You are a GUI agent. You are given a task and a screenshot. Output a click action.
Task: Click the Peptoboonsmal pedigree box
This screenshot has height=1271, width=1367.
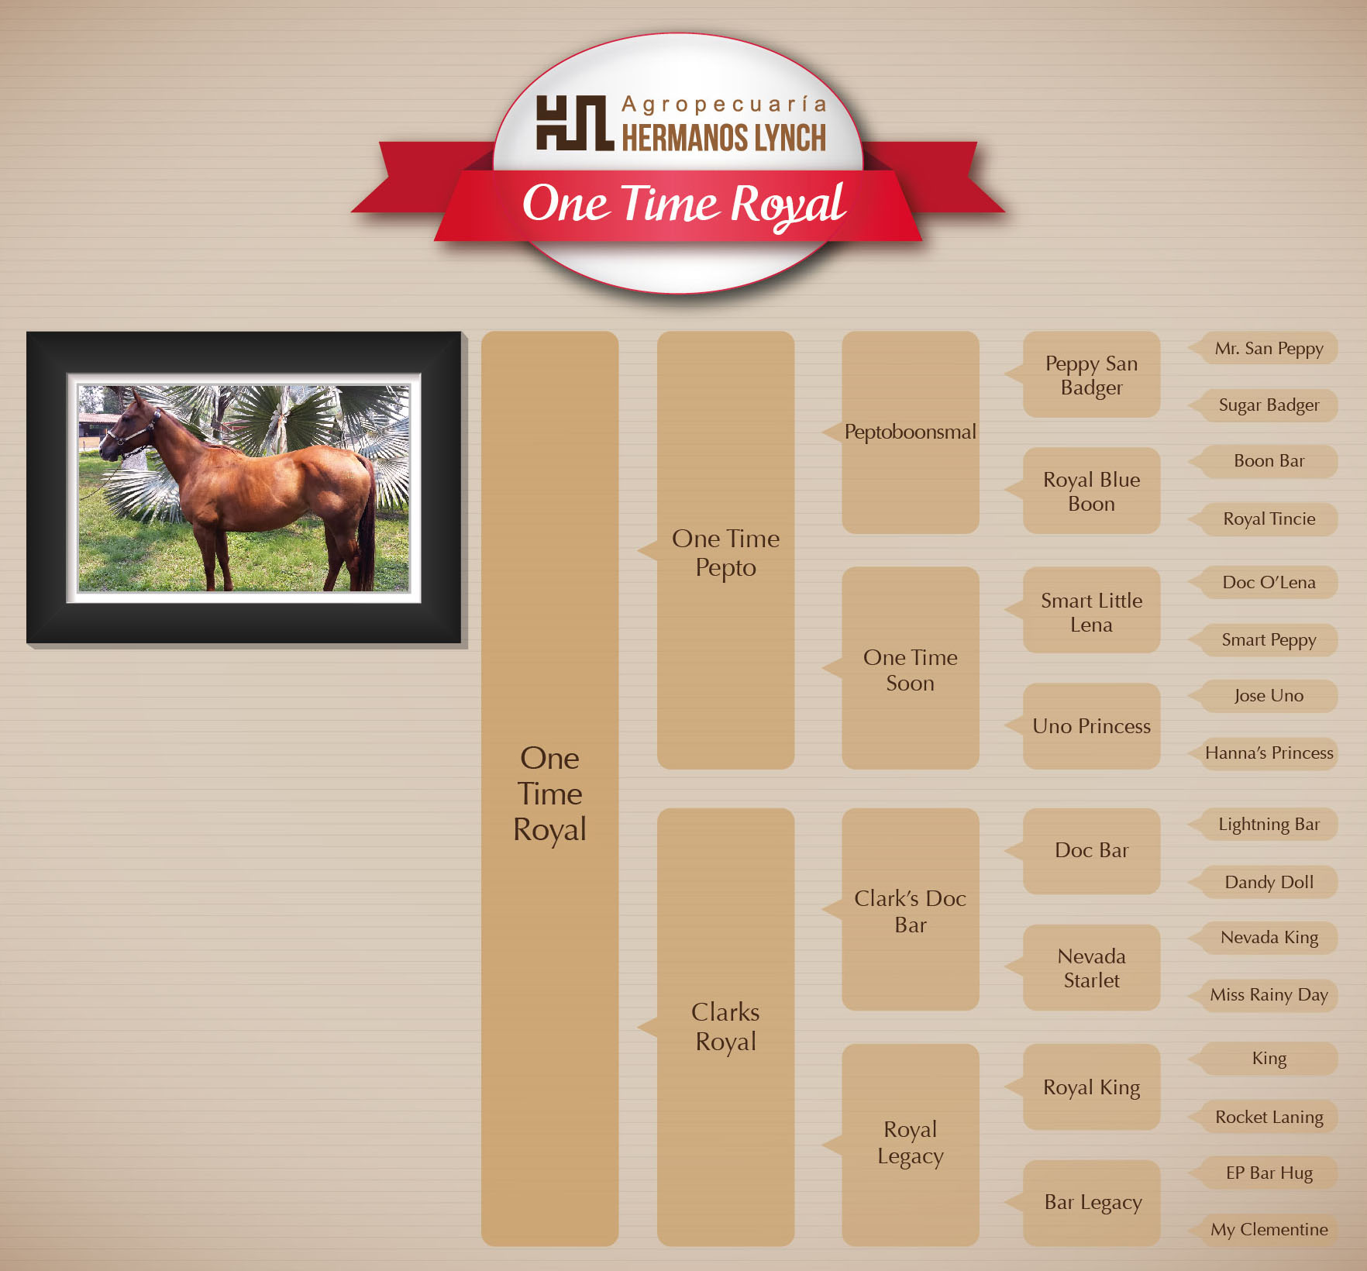coord(910,432)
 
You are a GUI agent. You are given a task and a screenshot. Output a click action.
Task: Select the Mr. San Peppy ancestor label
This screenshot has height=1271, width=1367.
coord(1269,349)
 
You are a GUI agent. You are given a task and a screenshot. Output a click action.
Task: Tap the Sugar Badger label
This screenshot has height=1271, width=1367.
coord(1269,405)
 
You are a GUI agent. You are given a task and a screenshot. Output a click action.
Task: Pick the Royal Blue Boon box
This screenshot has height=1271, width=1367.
coord(1091,491)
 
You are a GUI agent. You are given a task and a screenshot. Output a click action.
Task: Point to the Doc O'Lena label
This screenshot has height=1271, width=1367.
coord(1269,583)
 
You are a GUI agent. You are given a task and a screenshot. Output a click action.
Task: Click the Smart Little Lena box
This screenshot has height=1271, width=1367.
coord(1091,610)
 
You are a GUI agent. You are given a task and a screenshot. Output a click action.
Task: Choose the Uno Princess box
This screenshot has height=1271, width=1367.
coord(1091,726)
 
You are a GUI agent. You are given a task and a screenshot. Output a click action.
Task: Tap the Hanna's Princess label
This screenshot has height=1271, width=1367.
coord(1269,753)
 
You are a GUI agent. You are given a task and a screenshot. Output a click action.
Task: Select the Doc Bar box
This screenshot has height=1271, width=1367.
coord(1091,851)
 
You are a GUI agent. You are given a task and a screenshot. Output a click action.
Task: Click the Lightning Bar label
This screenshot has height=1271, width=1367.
coord(1269,825)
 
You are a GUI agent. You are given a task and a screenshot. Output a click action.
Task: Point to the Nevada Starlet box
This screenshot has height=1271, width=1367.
coord(1091,967)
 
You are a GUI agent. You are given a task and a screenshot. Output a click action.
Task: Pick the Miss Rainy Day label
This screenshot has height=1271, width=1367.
coord(1269,995)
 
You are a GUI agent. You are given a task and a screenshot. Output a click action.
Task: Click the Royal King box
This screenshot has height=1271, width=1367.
coord(1091,1087)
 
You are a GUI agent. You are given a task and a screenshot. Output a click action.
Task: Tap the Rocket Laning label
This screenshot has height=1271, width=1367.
coord(1269,1118)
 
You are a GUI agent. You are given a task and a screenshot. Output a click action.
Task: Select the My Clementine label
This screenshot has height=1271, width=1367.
coord(1269,1230)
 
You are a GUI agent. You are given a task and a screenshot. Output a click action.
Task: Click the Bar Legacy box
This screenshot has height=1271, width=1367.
coord(1091,1203)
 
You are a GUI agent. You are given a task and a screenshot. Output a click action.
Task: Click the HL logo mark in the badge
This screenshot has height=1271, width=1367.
coord(574,122)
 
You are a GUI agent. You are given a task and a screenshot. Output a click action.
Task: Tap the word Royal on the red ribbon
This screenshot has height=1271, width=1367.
coord(787,205)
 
